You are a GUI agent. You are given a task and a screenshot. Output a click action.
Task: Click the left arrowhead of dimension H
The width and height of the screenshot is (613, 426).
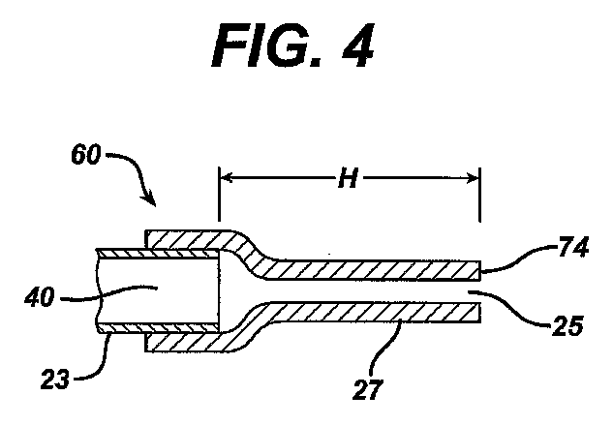(x=226, y=178)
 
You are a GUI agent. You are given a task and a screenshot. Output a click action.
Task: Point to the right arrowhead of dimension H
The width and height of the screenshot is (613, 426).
(x=475, y=178)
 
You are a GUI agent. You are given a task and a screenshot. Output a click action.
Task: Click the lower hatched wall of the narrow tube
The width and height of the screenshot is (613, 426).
(x=378, y=313)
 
